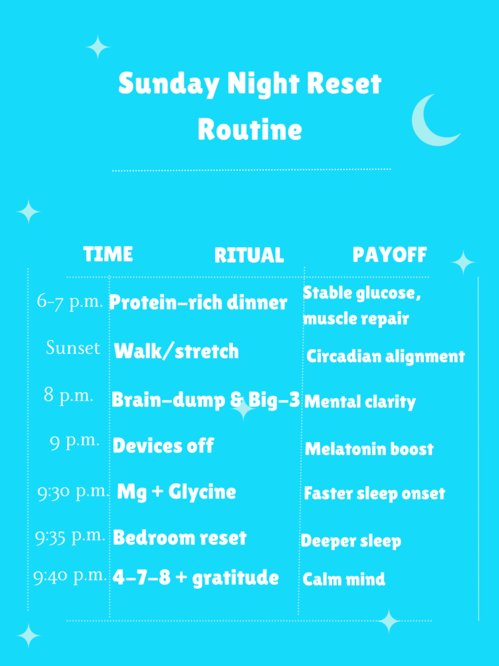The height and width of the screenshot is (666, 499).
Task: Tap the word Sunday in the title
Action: point(168,84)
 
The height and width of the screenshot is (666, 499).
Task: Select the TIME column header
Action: point(108,254)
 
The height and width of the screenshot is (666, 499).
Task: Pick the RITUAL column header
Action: point(249,255)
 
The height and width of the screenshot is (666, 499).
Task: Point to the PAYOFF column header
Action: point(389,255)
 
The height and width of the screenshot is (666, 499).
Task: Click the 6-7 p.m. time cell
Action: point(70,302)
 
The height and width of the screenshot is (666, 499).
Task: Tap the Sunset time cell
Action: point(73,348)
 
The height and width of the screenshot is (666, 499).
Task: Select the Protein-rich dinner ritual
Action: point(198,302)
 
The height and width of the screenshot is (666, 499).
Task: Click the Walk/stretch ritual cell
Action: point(177,351)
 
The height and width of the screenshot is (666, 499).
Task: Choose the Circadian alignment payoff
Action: point(386,356)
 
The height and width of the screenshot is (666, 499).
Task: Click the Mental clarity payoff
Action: point(360,402)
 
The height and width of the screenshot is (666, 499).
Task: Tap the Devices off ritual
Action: point(163,446)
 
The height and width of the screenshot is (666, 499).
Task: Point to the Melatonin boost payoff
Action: point(369,449)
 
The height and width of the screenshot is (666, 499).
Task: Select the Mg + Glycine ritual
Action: point(177,492)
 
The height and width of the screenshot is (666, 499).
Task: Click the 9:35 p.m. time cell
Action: point(70,536)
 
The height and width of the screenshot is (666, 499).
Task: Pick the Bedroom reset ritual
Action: point(179,538)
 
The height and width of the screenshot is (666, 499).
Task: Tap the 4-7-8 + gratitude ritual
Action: point(196,578)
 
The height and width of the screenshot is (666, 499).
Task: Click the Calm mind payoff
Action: point(344,579)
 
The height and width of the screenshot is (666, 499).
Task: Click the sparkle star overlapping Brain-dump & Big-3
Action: point(243,409)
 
